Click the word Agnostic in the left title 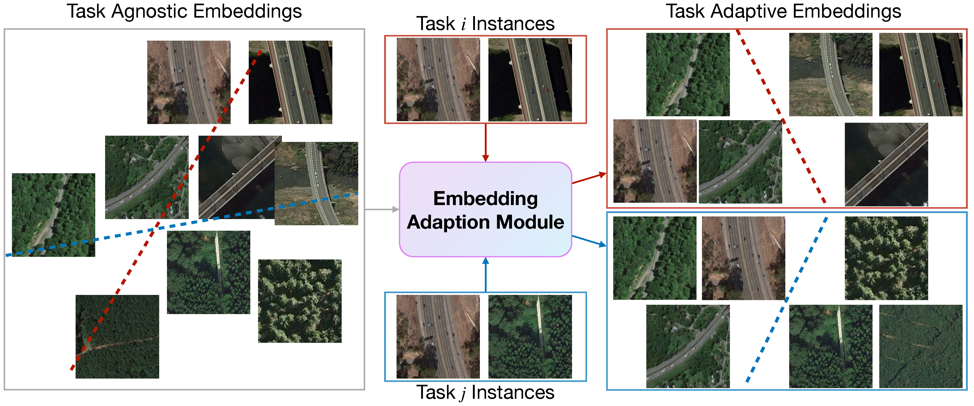coord(150,11)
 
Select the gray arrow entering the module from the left coord(382,209)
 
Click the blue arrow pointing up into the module coord(486,274)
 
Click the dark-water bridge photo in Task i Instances coord(530,79)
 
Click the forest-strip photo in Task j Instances coord(530,337)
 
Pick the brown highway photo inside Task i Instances coord(438,79)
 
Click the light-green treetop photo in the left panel coord(299,301)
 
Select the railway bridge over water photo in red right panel coord(886,165)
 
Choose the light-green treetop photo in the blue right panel coord(886,258)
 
